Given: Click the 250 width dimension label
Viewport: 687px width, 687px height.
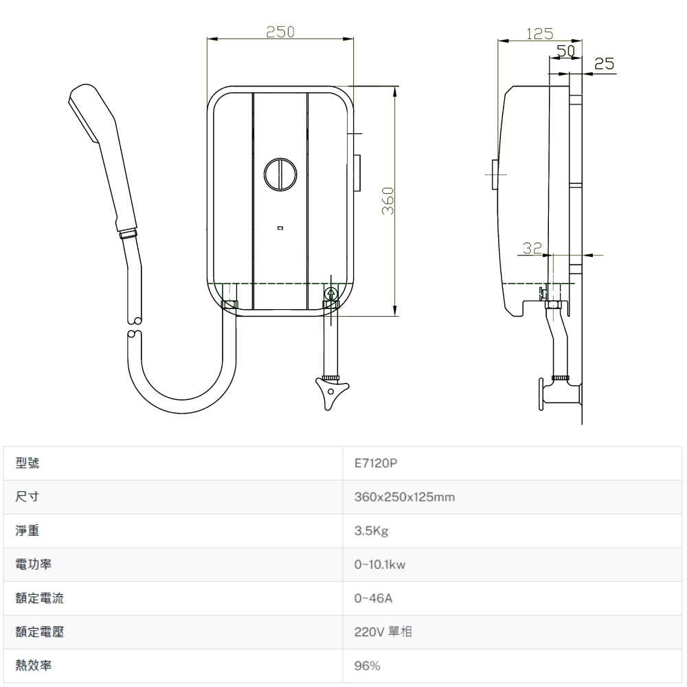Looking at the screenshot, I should point(280,32).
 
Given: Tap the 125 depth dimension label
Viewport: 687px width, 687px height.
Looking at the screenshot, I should point(539,32).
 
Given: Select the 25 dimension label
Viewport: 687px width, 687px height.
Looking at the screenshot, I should point(604,65).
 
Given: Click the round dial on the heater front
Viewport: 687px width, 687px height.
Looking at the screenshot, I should point(280,173).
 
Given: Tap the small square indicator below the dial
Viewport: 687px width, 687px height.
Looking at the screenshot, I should point(280,227).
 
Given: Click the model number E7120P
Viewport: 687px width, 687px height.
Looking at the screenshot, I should point(376,464).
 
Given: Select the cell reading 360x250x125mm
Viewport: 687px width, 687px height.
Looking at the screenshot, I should point(405,497).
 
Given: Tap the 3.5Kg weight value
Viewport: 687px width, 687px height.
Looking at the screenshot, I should point(372,531).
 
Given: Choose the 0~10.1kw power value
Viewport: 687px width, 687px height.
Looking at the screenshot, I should point(380,565).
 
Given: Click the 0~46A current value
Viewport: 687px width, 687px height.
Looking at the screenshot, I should point(373,598).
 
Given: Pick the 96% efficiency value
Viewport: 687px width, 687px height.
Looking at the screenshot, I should point(367,666).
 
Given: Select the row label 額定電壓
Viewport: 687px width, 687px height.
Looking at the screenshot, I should point(40,632).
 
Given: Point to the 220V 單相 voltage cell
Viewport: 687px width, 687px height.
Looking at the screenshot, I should point(383,632).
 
